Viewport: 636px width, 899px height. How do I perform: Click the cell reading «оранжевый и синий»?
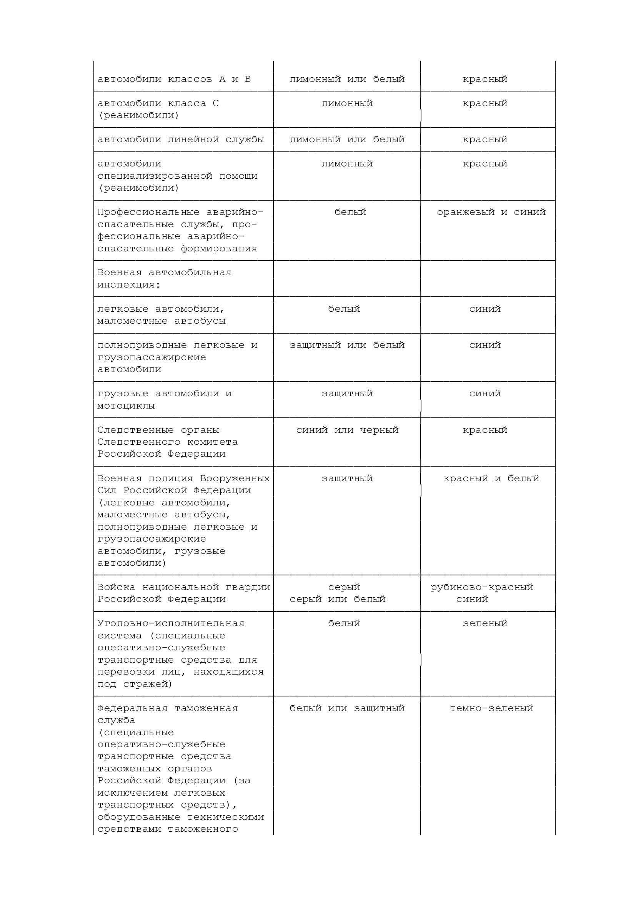click(491, 212)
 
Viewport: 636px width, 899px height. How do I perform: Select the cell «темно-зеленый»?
click(491, 708)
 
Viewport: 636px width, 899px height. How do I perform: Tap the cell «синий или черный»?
click(347, 430)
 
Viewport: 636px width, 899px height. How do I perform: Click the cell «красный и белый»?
click(491, 478)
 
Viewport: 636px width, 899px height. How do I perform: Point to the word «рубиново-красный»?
click(482, 587)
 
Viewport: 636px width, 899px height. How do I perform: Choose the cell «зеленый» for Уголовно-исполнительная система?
click(485, 623)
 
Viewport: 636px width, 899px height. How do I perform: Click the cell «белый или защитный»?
click(347, 708)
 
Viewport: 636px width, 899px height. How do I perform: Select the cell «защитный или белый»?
click(347, 345)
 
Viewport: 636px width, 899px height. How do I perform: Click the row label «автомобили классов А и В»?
click(174, 79)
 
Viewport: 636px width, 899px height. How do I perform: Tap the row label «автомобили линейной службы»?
click(181, 140)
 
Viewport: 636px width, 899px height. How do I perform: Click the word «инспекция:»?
click(129, 285)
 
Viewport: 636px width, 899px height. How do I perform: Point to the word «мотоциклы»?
click(126, 405)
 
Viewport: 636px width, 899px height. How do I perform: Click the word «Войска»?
click(116, 587)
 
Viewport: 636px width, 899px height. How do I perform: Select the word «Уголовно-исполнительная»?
click(171, 623)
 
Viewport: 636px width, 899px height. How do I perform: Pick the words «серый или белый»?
click(338, 599)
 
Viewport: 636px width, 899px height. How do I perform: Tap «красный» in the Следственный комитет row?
click(485, 430)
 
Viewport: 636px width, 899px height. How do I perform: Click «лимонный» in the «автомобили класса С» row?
click(347, 103)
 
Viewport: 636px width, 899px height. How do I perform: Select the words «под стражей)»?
click(135, 684)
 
